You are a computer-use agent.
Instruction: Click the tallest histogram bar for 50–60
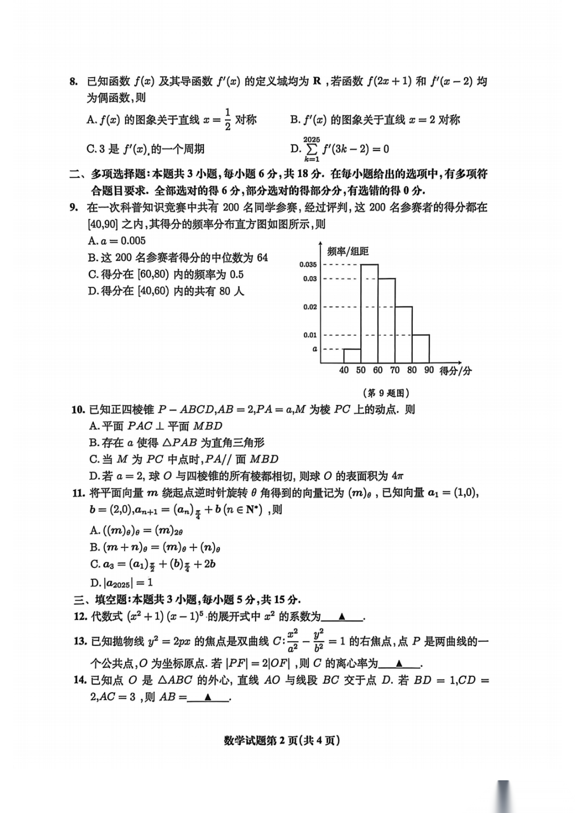pyautogui.click(x=369, y=313)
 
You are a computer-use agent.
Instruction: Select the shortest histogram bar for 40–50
pyautogui.click(x=352, y=356)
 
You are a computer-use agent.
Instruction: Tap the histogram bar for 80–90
pyautogui.click(x=421, y=349)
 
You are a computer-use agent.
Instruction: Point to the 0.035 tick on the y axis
pyautogui.click(x=308, y=264)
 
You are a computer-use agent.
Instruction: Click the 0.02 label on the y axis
pyautogui.click(x=310, y=307)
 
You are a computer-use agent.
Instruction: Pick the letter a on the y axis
pyautogui.click(x=315, y=349)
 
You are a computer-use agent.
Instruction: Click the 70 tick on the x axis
pyautogui.click(x=395, y=370)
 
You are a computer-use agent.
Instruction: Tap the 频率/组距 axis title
pyautogui.click(x=347, y=251)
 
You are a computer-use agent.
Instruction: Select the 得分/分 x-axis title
pyautogui.click(x=455, y=371)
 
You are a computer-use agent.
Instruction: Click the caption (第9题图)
pyautogui.click(x=386, y=393)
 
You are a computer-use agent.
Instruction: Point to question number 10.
pyautogui.click(x=78, y=409)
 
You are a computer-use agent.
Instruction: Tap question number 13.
pyautogui.click(x=80, y=641)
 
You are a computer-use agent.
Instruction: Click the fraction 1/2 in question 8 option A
pyautogui.click(x=227, y=119)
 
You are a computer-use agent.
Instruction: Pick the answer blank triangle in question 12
pyautogui.click(x=342, y=617)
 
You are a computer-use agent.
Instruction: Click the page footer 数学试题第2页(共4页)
pyautogui.click(x=282, y=740)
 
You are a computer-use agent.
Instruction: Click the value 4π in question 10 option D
pyautogui.click(x=397, y=476)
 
